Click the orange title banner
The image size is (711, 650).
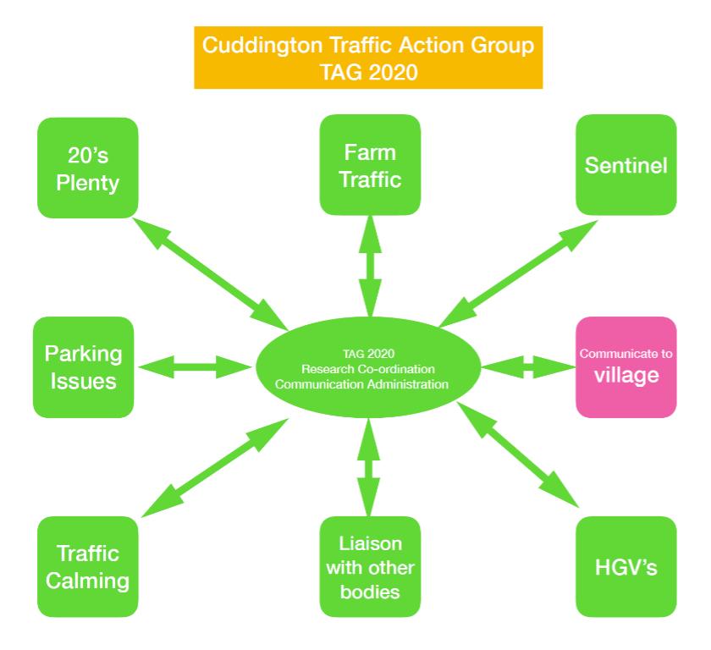[368, 58]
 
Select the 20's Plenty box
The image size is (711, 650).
[87, 168]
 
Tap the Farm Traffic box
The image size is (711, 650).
[370, 165]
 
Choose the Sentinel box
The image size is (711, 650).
[626, 165]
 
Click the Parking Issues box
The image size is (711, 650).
[84, 367]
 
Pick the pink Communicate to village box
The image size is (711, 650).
[626, 367]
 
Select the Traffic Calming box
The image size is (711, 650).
[87, 566]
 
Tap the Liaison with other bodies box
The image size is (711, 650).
[370, 566]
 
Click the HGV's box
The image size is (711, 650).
[626, 566]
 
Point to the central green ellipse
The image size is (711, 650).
[368, 367]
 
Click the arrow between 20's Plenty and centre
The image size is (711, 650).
[210, 273]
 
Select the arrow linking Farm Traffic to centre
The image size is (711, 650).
[371, 266]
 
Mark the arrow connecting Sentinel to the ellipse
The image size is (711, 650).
[518, 273]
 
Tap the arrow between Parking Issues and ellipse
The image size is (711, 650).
[195, 367]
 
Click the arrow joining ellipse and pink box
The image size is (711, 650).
[529, 367]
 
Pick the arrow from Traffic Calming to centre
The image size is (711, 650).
[215, 468]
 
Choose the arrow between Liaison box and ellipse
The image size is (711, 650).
[369, 467]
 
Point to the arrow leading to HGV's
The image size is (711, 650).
[518, 454]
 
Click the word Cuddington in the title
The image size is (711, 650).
[263, 46]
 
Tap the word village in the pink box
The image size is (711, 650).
[626, 376]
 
